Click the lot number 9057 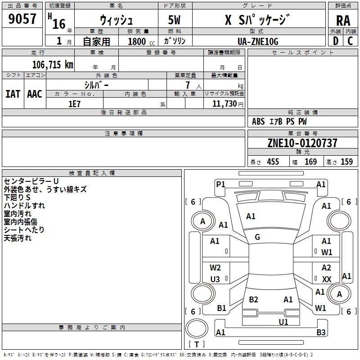(22, 18)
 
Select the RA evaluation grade (343, 21)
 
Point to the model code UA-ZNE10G (258, 41)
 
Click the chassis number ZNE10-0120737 (302, 144)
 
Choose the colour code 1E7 (74, 103)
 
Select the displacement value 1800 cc (137, 41)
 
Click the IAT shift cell (13, 94)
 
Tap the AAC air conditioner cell (35, 94)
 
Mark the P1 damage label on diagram (220, 184)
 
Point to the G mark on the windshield (257, 237)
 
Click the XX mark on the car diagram (327, 279)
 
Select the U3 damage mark (215, 279)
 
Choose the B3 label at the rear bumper (321, 333)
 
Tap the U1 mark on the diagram (283, 322)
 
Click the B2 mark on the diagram (253, 300)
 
